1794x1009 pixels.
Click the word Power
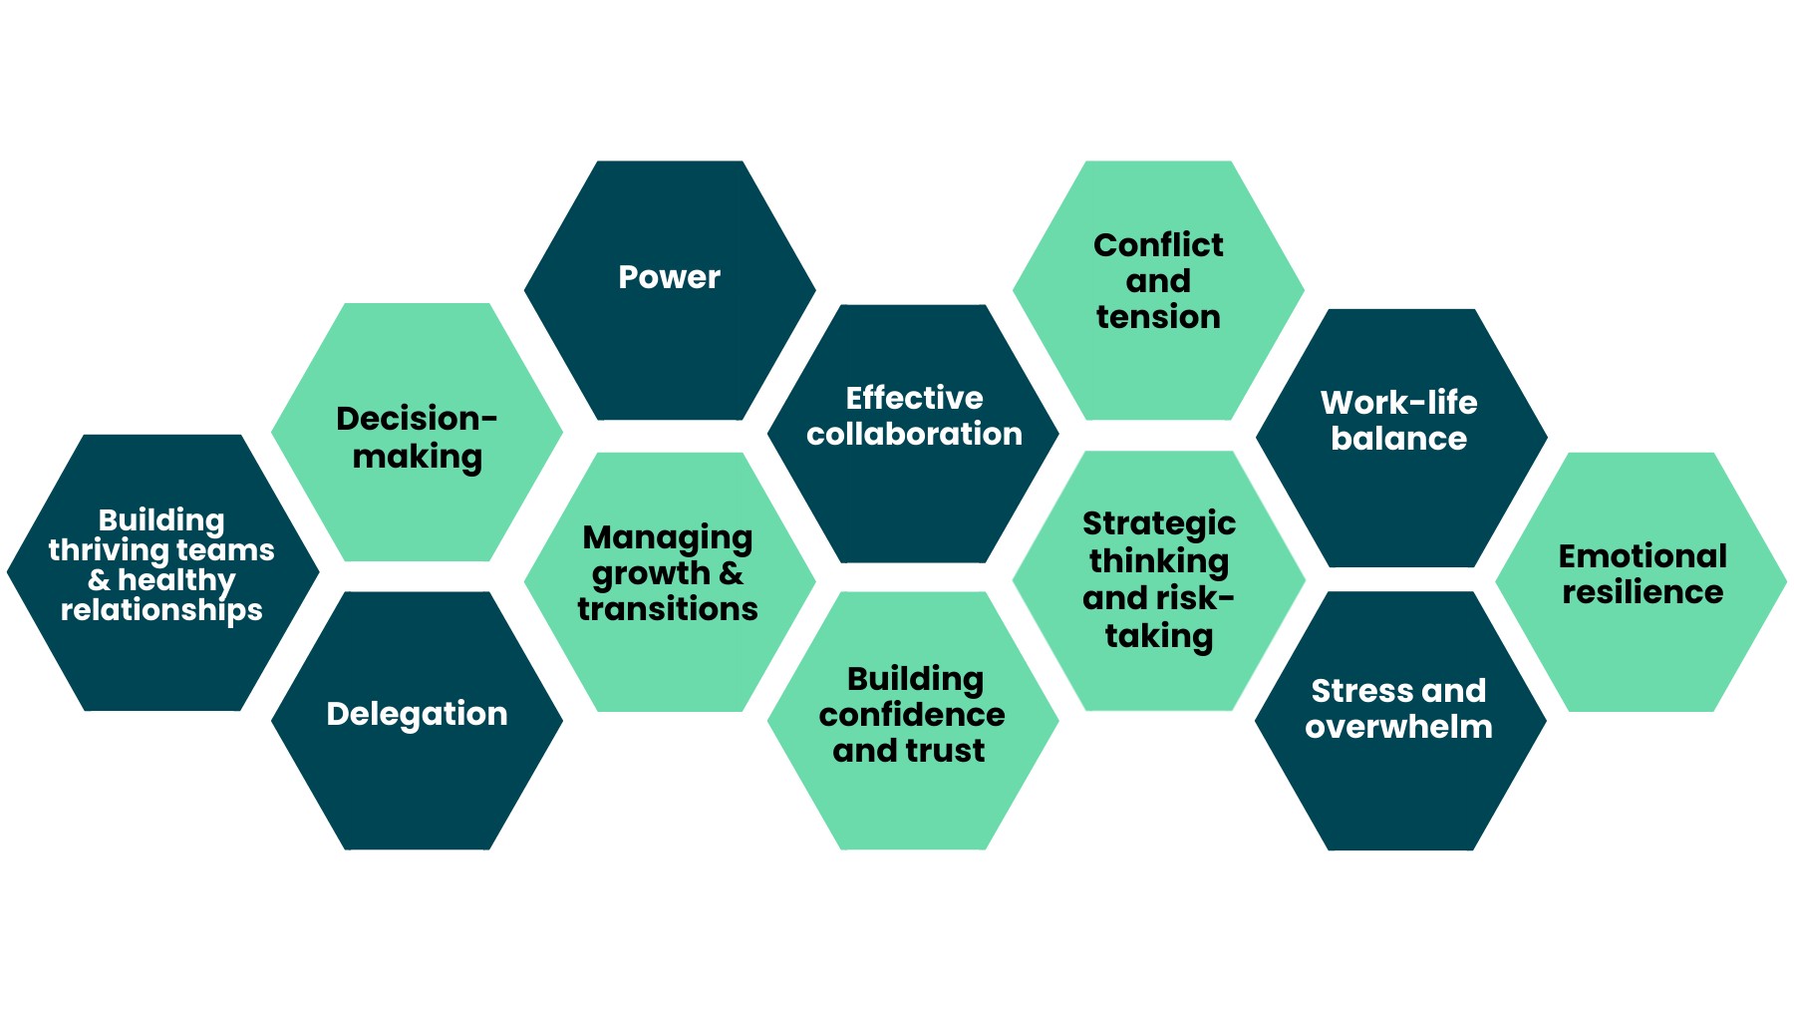click(669, 277)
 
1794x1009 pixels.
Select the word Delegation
click(417, 714)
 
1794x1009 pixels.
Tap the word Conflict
click(1158, 245)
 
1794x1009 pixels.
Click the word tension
click(1158, 317)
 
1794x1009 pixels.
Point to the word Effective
click(914, 398)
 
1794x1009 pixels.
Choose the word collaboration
click(914, 434)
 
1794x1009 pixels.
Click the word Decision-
click(417, 419)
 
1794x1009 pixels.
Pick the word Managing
click(668, 538)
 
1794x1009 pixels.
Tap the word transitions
click(668, 609)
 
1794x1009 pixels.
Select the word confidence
click(912, 715)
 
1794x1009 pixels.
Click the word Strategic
click(1159, 524)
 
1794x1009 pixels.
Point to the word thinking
click(1159, 561)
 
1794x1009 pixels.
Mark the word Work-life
click(1398, 403)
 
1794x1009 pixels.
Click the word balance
click(1398, 439)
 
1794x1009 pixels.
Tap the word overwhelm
click(1398, 727)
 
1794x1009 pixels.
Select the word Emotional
click(1643, 556)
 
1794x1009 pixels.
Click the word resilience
click(1643, 592)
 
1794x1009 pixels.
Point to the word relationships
click(161, 610)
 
